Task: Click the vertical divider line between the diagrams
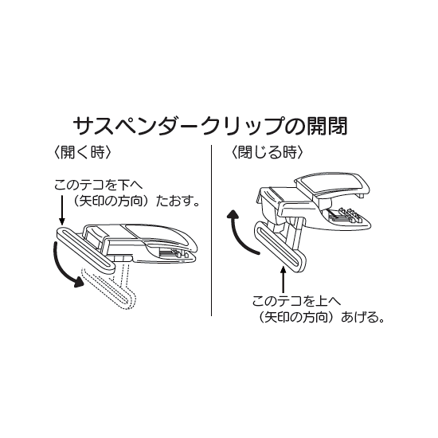[x=212, y=231]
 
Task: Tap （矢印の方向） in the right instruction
[x=299, y=318]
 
